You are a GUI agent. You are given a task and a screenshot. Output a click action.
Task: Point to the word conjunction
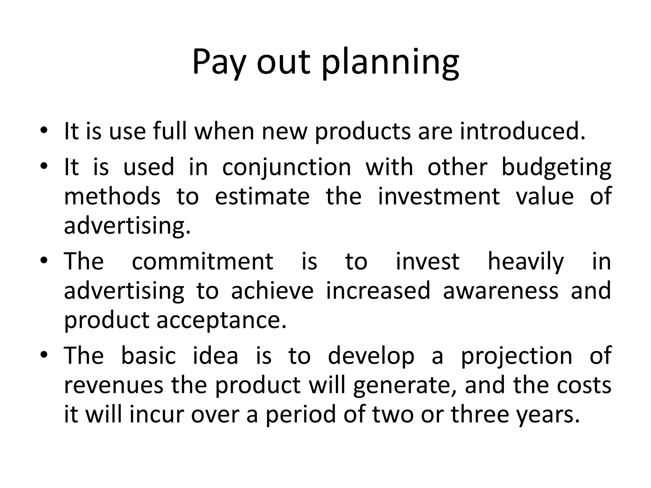tap(286, 167)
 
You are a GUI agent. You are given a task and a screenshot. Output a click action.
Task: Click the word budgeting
tap(556, 167)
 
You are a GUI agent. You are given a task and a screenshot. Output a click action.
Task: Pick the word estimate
tap(262, 196)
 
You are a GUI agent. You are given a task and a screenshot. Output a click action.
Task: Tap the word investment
tap(439, 196)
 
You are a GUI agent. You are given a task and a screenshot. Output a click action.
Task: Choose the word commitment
tap(202, 261)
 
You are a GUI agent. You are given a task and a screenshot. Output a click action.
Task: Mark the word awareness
tap(501, 291)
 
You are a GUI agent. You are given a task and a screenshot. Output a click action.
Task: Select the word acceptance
tap(222, 320)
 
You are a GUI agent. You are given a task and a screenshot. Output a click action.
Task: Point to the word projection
tap(517, 356)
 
